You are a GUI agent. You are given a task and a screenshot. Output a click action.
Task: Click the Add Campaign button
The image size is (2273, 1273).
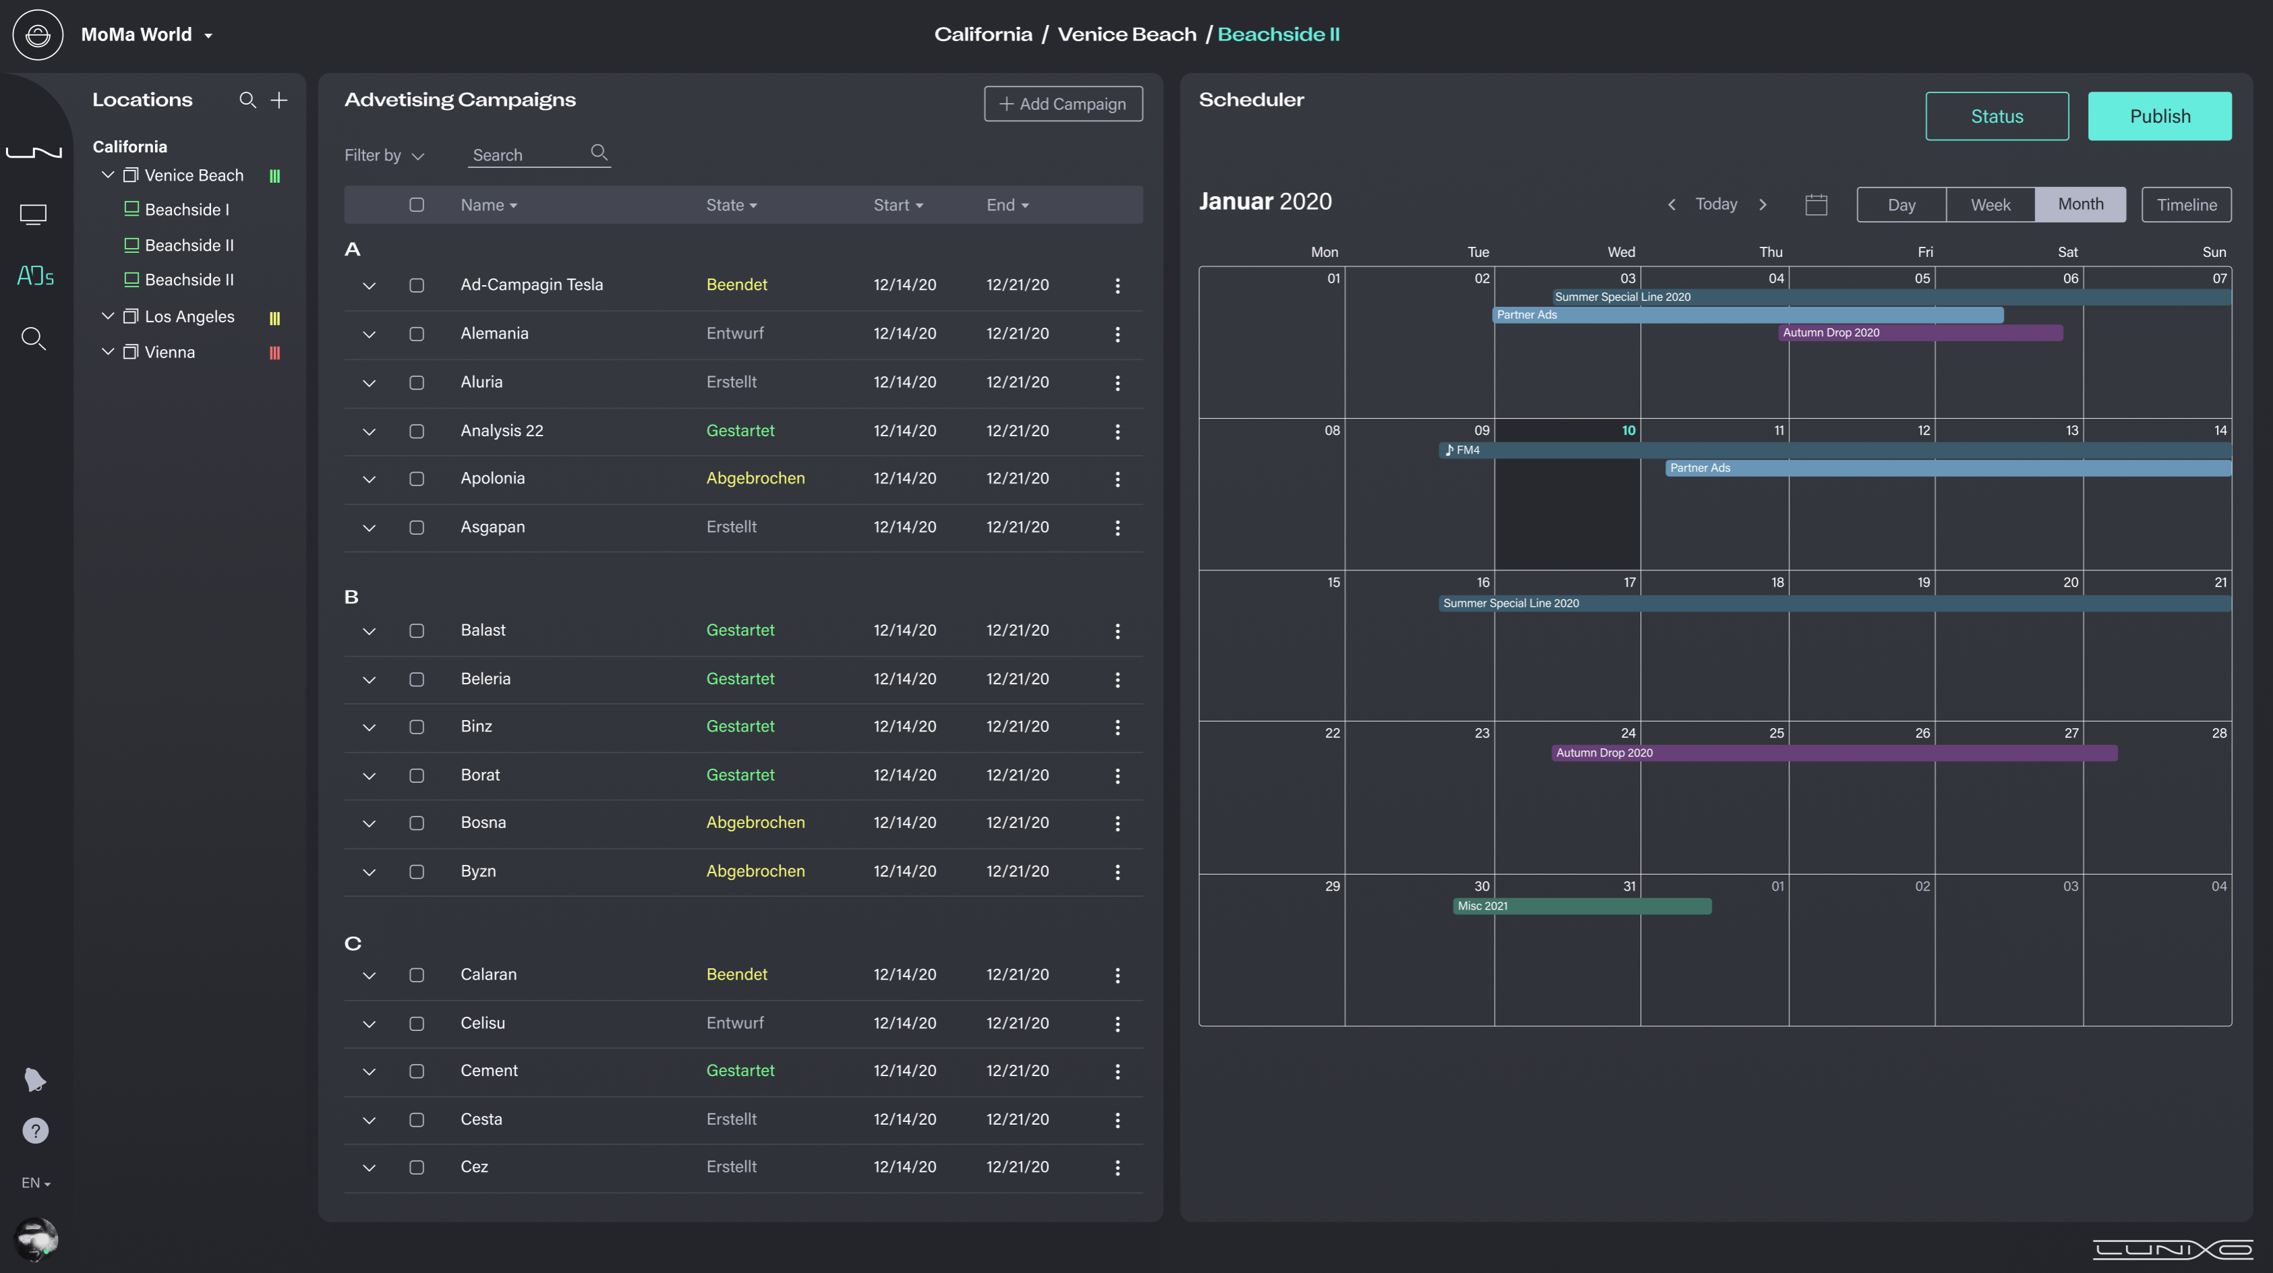pyautogui.click(x=1062, y=103)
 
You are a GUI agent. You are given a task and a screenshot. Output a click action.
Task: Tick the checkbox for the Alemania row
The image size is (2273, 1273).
pyautogui.click(x=416, y=334)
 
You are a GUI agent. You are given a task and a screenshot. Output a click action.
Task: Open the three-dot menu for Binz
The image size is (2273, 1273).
pyautogui.click(x=1116, y=727)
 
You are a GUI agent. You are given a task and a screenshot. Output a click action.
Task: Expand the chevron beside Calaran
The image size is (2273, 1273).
pyautogui.click(x=369, y=975)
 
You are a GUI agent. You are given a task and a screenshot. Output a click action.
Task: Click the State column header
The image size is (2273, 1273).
pyautogui.click(x=730, y=205)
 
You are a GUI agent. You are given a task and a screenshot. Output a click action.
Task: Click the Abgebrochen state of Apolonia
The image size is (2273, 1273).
pyautogui.click(x=755, y=478)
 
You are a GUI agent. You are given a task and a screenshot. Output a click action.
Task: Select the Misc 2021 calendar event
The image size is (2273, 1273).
pyautogui.click(x=1580, y=906)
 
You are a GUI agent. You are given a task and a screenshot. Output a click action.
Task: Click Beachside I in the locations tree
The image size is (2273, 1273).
pyautogui.click(x=186, y=210)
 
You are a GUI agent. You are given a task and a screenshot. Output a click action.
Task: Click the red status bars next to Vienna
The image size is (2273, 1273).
pyautogui.click(x=275, y=353)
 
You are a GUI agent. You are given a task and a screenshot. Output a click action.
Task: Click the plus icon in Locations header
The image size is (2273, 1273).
pyautogui.click(x=279, y=100)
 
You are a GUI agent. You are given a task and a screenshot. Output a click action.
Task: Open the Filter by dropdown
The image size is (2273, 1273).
pyautogui.click(x=384, y=155)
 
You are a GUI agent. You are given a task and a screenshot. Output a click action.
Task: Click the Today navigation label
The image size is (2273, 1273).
pyautogui.click(x=1715, y=204)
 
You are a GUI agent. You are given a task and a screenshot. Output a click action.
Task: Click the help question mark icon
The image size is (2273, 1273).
pyautogui.click(x=35, y=1130)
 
